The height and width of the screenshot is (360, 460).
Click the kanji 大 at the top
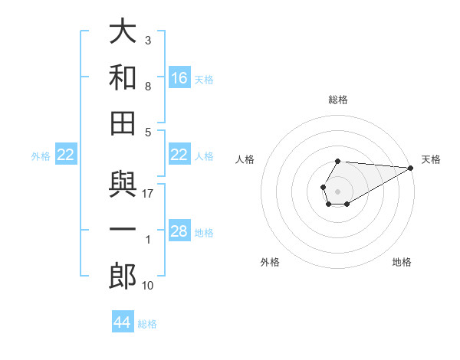click(123, 33)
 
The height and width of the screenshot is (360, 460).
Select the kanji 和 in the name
click(123, 77)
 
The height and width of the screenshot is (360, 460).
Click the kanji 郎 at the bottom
click(123, 276)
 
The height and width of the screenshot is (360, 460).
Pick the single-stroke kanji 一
click(123, 231)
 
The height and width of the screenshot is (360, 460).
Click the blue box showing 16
click(179, 77)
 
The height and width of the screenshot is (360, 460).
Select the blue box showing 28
click(179, 231)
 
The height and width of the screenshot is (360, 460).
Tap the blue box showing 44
click(123, 322)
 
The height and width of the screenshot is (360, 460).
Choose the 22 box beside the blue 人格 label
click(179, 155)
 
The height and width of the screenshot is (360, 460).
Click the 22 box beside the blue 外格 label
click(66, 155)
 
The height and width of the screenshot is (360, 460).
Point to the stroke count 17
click(149, 194)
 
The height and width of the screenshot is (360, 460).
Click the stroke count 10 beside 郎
click(149, 286)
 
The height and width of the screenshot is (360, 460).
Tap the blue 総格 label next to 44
click(147, 324)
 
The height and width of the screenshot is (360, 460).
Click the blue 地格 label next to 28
click(204, 233)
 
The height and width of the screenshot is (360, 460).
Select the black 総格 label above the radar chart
click(338, 100)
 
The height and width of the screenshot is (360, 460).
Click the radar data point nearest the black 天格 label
click(411, 169)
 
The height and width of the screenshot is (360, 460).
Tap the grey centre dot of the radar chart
click(337, 190)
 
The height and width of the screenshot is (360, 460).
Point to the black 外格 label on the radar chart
click(270, 262)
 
